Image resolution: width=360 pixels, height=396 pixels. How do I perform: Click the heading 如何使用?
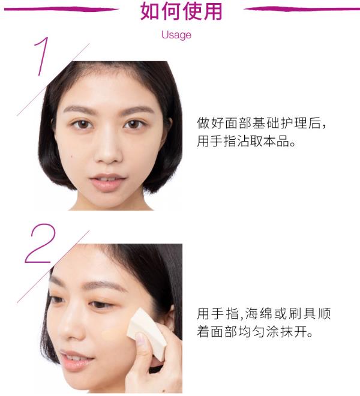181,11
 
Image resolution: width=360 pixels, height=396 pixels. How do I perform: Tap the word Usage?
176,35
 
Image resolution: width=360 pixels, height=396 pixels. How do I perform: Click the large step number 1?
42,56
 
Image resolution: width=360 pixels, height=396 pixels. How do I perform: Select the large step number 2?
40,243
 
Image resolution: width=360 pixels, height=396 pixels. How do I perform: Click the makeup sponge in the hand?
146,334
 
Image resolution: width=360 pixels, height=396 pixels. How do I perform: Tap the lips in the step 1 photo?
108,182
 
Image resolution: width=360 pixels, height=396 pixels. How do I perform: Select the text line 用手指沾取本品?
246,141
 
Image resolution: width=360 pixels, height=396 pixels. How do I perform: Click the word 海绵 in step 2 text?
259,314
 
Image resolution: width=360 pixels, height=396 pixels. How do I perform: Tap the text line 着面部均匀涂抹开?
254,332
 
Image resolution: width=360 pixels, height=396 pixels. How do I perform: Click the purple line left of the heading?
61,10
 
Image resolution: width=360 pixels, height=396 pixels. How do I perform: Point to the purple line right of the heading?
302,9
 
